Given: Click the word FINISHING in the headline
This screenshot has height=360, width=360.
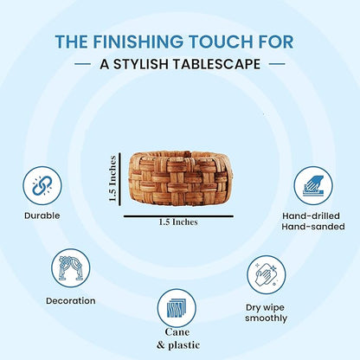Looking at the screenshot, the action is [x=138, y=42].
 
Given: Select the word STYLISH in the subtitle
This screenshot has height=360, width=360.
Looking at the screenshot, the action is [x=141, y=64].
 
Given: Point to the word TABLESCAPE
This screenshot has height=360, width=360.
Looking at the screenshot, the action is [x=216, y=64].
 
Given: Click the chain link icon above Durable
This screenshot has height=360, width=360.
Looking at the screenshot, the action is [x=42, y=185].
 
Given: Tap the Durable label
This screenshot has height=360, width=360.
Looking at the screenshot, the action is [x=42, y=215].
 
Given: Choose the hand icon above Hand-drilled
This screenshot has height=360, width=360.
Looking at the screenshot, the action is [x=313, y=185].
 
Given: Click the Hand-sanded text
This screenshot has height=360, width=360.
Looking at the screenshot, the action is [x=313, y=227].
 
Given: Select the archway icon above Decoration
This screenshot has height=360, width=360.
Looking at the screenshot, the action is [x=71, y=268].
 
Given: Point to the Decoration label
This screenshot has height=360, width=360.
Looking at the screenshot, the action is [x=71, y=301].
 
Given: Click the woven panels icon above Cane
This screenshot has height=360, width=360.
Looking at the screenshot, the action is [x=177, y=308].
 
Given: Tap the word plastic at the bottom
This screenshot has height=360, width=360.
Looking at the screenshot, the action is [x=183, y=345].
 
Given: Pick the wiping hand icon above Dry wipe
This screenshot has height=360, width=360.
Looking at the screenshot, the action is [x=267, y=275].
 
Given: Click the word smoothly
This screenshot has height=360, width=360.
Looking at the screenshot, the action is [x=267, y=318].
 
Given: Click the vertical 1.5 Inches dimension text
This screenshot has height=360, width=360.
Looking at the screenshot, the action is [x=112, y=178].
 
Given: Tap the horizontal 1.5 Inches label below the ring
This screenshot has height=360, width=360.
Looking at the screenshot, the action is [x=178, y=222].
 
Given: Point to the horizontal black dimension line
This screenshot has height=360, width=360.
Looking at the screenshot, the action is [x=178, y=215].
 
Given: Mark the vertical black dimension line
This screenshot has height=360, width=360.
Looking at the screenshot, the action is [x=119, y=179].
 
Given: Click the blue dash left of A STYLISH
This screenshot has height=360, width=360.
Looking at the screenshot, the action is [x=82, y=64].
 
